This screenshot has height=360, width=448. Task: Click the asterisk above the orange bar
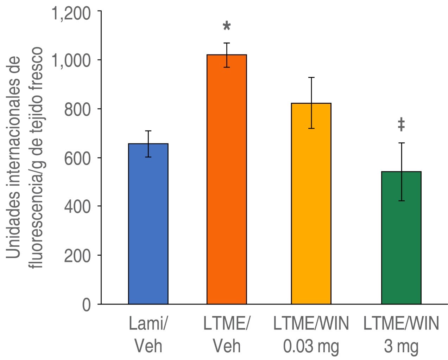tap(227, 26)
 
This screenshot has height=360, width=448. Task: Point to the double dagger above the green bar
tap(401, 125)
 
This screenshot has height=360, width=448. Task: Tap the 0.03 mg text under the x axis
tap(311, 346)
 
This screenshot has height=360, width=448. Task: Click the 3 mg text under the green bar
tap(401, 346)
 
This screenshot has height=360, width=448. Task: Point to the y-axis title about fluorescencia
tap(25, 158)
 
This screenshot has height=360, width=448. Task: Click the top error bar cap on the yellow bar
tap(311, 77)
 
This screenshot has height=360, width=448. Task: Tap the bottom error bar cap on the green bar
tap(401, 201)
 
